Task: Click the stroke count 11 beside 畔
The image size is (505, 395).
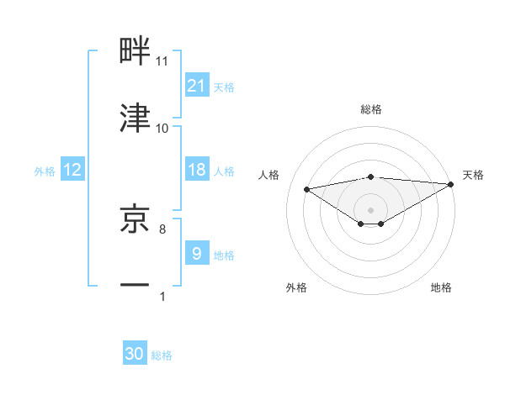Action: [162, 61]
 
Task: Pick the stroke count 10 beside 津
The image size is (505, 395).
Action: [162, 129]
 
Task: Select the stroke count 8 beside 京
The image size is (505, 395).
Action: [162, 229]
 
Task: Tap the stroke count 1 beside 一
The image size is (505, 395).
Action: [162, 296]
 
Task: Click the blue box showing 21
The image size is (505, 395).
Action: [197, 86]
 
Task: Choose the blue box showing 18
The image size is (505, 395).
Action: [197, 170]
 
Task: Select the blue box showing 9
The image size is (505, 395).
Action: [197, 254]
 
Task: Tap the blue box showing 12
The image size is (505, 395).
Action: [72, 170]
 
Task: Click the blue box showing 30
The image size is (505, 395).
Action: [135, 355]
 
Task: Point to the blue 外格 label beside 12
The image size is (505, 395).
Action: [45, 171]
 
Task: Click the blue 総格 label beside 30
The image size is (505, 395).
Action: [162, 355]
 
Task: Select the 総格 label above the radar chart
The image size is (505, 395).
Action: [371, 109]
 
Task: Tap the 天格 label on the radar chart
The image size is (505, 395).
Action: [473, 175]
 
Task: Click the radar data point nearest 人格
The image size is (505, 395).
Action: [307, 188]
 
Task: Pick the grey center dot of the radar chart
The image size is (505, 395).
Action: [371, 209]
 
